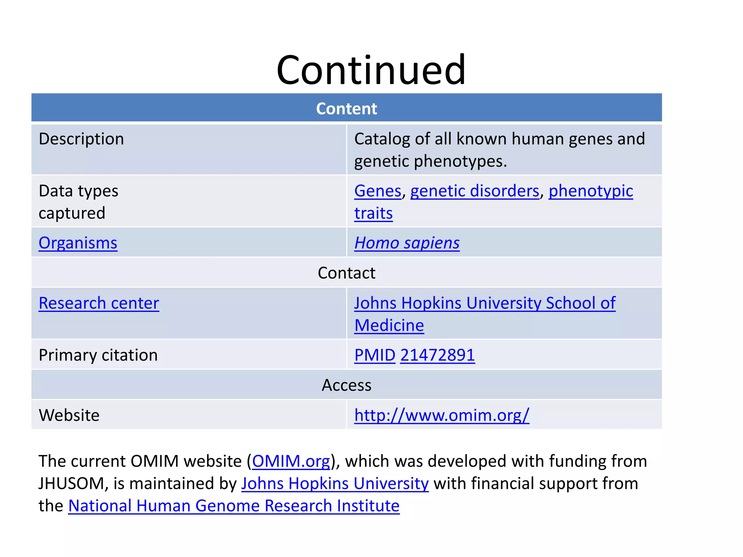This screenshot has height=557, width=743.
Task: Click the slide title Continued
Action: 371,70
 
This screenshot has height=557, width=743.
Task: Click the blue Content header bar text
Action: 346,109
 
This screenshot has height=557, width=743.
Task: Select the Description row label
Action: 81,139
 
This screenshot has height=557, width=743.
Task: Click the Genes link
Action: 378,191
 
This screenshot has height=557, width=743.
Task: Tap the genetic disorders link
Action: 475,191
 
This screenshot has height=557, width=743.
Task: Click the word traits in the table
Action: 373,213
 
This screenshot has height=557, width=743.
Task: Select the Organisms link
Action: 78,243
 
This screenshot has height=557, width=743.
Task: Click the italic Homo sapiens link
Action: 407,243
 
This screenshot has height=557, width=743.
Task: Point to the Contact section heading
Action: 346,273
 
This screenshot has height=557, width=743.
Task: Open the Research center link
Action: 99,303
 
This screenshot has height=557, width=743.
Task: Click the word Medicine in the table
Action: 389,325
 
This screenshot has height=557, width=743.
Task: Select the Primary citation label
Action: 98,355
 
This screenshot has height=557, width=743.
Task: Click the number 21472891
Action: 438,355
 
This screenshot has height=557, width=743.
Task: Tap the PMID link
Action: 374,355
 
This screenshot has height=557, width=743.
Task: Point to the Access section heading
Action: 346,385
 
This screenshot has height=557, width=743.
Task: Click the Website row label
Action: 69,415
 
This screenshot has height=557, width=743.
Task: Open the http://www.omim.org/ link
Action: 442,415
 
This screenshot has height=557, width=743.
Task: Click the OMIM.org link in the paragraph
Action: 291,461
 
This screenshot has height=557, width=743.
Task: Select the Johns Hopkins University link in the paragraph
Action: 335,484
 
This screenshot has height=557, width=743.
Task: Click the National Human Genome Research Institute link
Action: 234,506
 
